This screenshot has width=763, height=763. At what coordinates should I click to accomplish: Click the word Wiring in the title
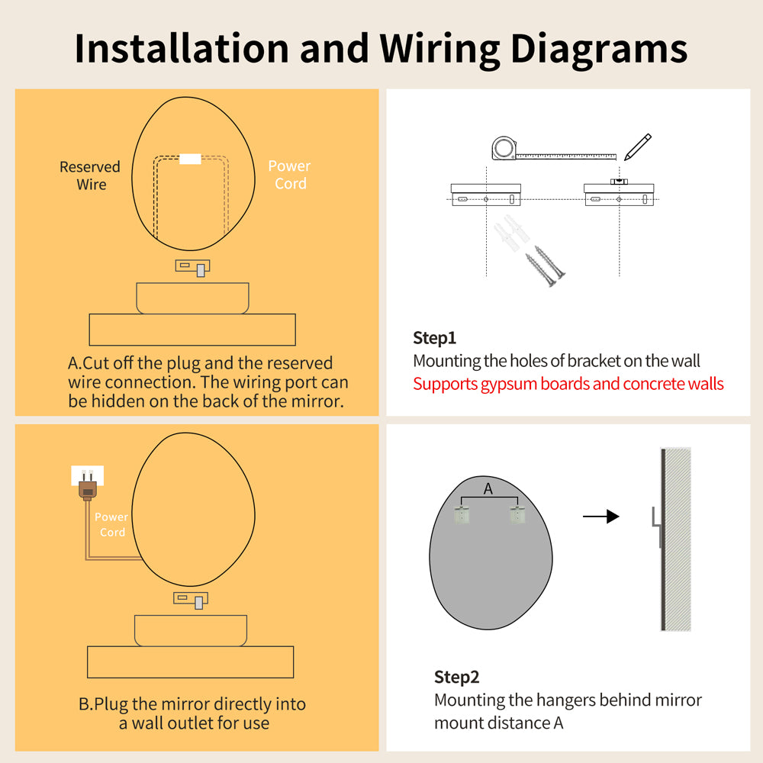(439, 50)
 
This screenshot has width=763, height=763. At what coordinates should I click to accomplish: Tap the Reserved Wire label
(90, 175)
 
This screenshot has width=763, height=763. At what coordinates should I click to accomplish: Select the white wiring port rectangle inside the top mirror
(190, 159)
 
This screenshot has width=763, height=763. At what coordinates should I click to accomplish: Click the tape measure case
(504, 148)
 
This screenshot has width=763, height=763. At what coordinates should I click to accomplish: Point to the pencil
(637, 147)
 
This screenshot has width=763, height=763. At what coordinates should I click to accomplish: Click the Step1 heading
(435, 338)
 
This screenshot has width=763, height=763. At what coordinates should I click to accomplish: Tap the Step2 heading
(456, 677)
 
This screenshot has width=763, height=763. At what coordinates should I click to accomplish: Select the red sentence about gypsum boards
(568, 384)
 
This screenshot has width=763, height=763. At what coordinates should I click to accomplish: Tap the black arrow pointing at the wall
(601, 517)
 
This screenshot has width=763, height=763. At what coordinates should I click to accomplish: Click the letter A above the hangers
(488, 488)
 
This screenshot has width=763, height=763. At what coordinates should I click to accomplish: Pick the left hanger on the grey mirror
(462, 515)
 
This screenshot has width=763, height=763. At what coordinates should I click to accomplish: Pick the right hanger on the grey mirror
(517, 515)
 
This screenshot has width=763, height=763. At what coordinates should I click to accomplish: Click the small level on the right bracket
(619, 182)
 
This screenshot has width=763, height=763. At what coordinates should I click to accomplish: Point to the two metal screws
(546, 266)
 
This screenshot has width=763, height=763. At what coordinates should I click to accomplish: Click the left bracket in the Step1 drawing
(486, 195)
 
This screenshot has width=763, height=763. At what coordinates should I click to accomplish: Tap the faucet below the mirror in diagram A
(193, 268)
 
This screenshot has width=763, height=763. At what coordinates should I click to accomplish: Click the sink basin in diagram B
(191, 631)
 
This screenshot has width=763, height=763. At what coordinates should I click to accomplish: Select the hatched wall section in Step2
(678, 539)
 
